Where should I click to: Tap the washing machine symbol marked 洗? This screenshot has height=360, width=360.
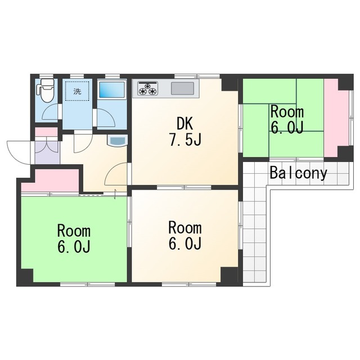click(77, 91)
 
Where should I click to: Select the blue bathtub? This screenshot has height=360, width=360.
click(112, 89)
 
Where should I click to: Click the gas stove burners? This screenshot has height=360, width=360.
click(147, 88)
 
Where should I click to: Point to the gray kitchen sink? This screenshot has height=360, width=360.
click(182, 88)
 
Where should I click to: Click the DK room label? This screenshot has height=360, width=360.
click(185, 124)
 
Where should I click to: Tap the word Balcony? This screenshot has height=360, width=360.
click(298, 173)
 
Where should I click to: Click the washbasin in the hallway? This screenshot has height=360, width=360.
click(118, 140)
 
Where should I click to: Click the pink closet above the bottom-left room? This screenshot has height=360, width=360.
click(51, 181)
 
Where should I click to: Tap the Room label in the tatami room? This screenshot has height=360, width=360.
click(287, 112)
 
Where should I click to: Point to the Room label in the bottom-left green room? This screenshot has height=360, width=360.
click(74, 231)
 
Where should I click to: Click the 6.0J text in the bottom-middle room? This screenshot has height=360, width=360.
click(185, 244)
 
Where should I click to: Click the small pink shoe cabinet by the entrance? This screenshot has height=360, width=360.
click(46, 132)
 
